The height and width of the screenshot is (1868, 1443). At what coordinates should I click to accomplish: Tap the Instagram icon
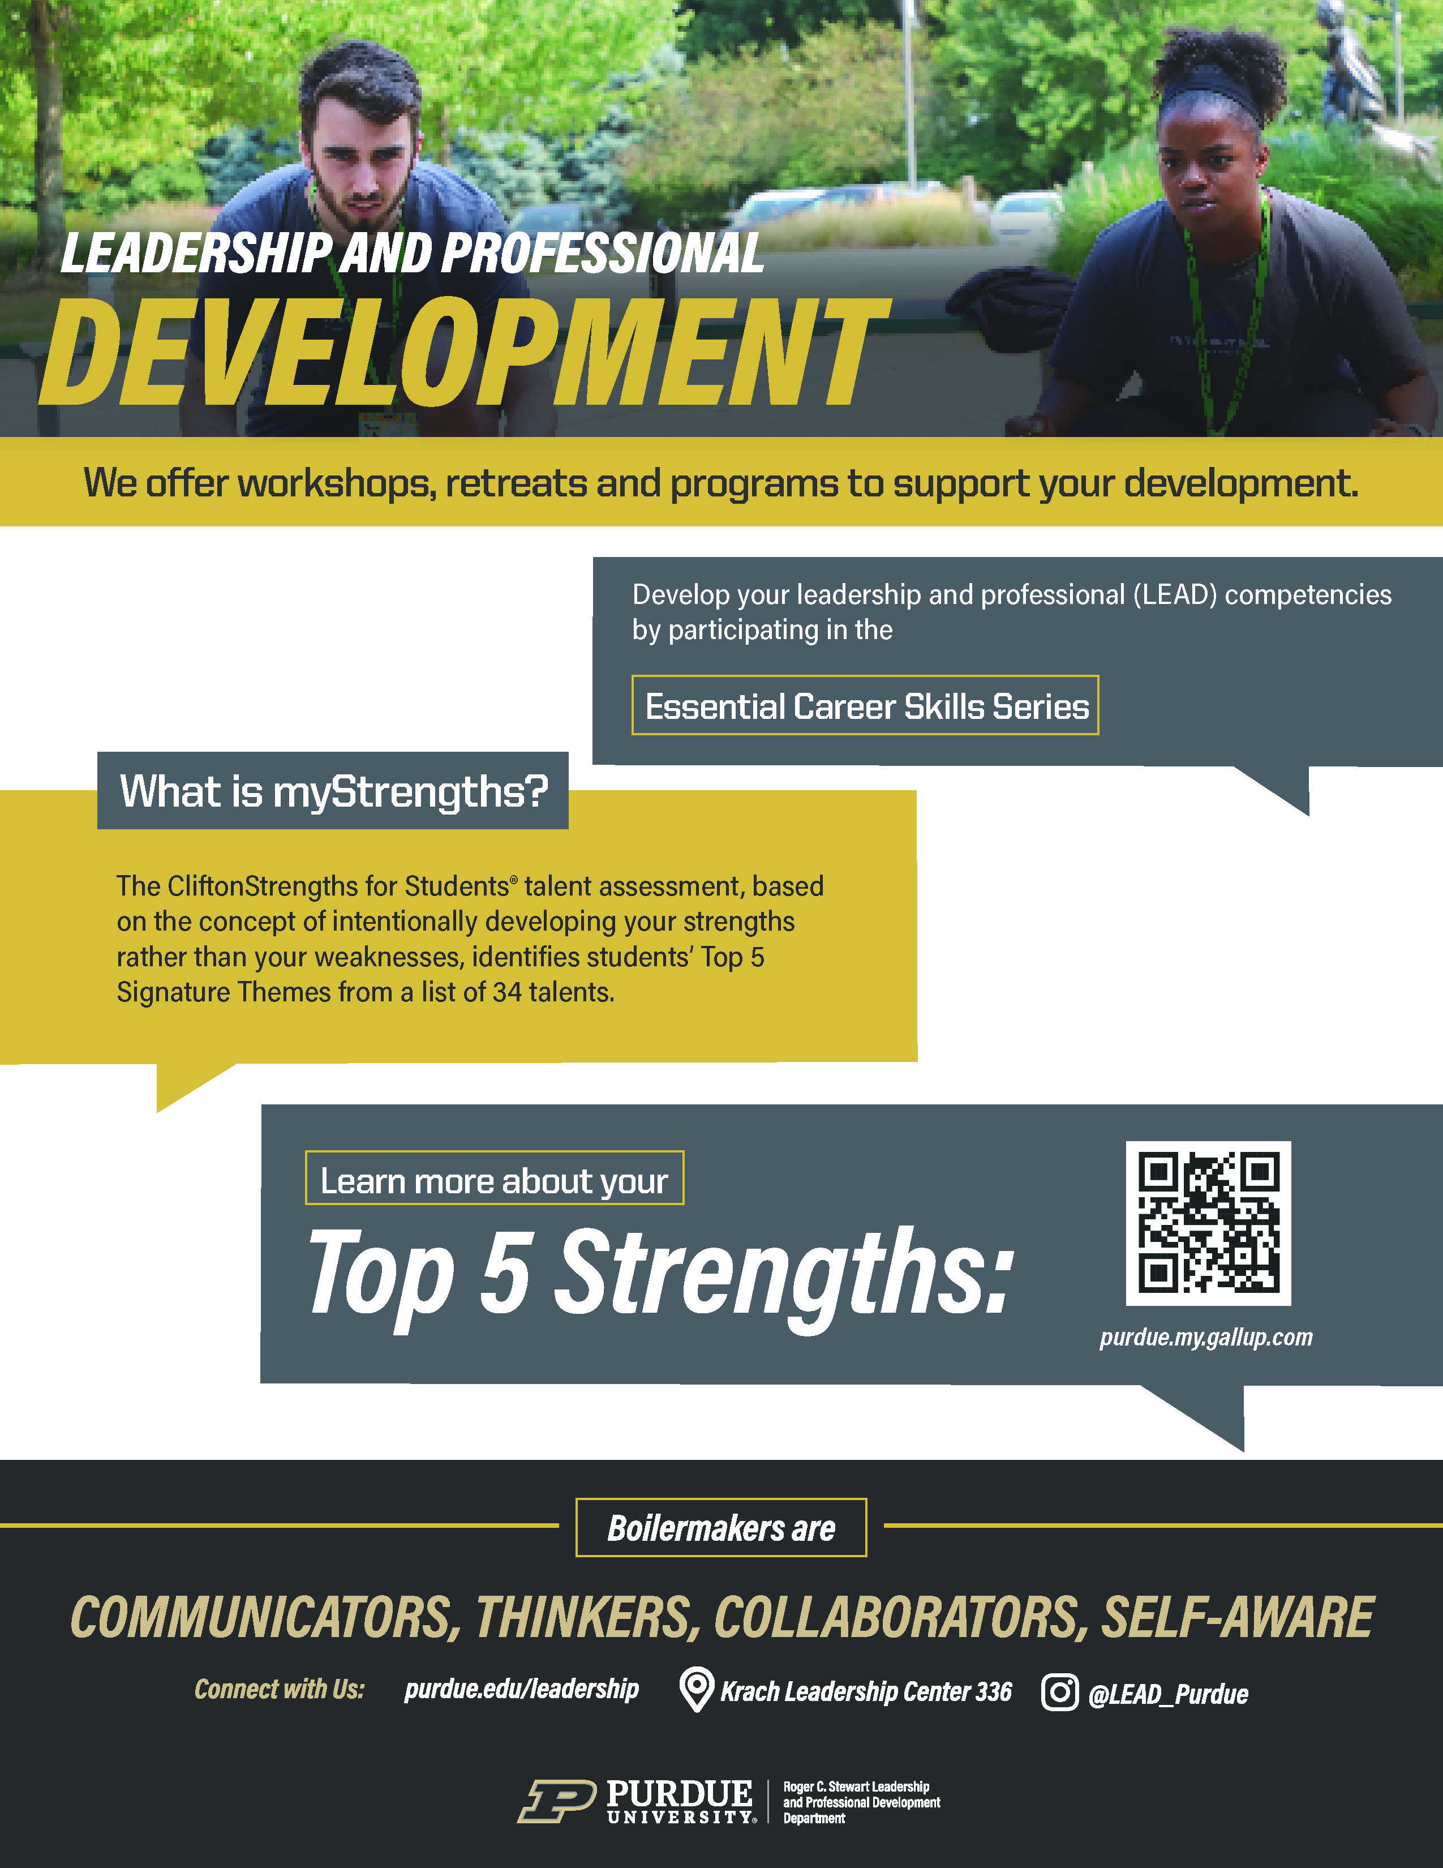(x=1059, y=1692)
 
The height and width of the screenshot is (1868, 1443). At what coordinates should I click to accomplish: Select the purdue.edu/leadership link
(x=522, y=1689)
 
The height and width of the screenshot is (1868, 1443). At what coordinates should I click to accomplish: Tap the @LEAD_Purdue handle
(x=1168, y=1694)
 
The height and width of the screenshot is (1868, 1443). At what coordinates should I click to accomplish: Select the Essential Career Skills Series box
(x=865, y=706)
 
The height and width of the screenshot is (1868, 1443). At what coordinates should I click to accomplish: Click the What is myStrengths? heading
(x=333, y=791)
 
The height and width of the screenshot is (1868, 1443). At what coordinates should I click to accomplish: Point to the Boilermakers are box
(x=721, y=1528)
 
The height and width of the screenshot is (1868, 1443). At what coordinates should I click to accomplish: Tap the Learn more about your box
(x=494, y=1179)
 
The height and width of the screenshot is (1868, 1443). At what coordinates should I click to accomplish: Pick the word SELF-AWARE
(x=1238, y=1617)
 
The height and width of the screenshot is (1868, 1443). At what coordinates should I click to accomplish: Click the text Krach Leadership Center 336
(x=866, y=1691)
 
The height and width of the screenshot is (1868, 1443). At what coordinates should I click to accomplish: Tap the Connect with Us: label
(x=280, y=1689)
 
